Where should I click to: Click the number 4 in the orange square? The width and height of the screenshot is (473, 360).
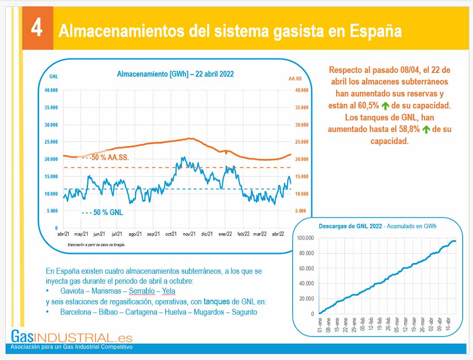[x=37, y=29]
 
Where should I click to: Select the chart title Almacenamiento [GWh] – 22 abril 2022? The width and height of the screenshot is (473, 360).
[x=175, y=74]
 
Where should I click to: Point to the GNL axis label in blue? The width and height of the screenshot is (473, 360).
[x=54, y=77]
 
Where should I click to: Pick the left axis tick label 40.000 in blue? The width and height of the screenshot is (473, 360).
[x=51, y=90]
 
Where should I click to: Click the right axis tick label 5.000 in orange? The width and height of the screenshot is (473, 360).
[x=301, y=211]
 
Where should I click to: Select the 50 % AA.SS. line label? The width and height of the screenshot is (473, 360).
[x=110, y=158]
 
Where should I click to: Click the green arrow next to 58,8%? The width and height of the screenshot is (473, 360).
[x=426, y=129]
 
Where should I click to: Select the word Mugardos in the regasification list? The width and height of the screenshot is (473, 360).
[x=208, y=312]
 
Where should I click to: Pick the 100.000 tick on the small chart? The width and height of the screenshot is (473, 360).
[x=306, y=238]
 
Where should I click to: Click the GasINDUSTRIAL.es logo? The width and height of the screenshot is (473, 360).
[x=72, y=337]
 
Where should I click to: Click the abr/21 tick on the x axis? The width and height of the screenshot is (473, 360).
[x=63, y=234]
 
